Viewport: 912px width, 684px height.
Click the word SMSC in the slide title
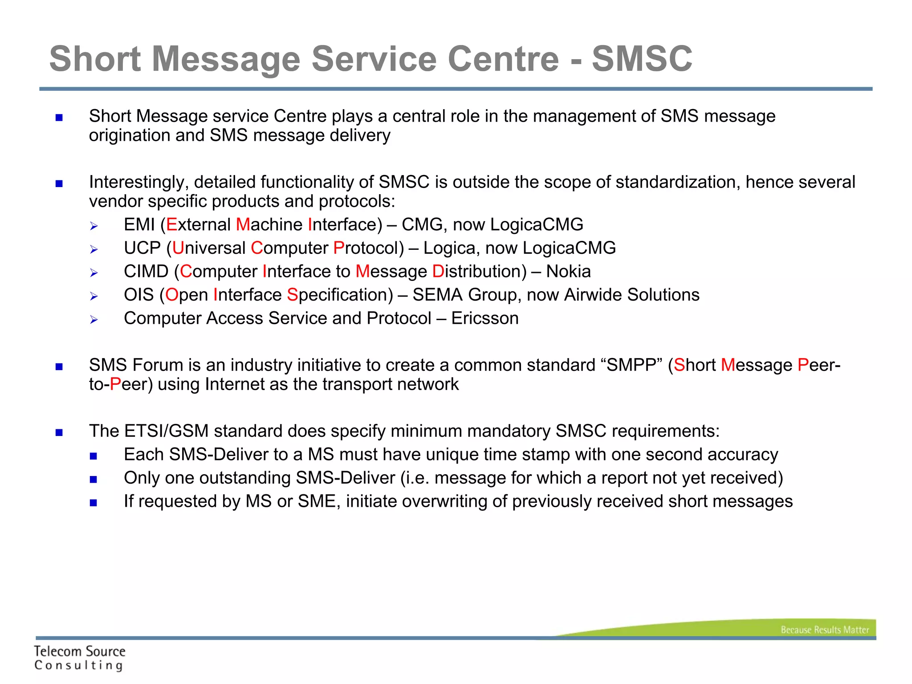(642, 59)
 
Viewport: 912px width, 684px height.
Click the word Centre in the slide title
(503, 59)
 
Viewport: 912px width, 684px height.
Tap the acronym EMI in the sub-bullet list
(139, 225)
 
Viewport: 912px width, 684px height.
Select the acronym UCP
(142, 248)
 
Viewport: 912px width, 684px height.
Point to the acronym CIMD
(146, 272)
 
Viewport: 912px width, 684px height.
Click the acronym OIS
(138, 295)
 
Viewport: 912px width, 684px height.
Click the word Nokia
(568, 272)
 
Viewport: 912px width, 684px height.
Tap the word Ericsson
(484, 318)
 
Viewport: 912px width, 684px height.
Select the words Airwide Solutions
(631, 295)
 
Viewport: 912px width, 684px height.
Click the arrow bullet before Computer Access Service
(94, 319)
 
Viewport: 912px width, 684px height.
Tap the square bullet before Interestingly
(59, 183)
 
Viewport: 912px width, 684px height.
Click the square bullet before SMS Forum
(59, 366)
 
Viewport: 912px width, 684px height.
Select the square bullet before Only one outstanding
(93, 480)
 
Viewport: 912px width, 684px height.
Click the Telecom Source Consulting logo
(79, 658)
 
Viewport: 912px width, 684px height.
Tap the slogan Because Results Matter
(824, 630)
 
